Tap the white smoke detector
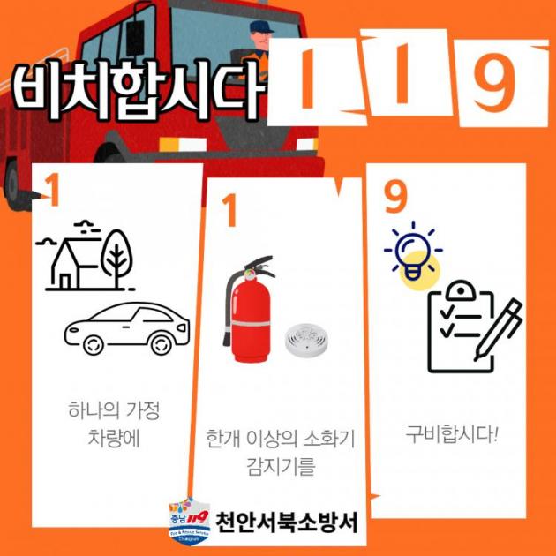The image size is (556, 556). [x=306, y=340]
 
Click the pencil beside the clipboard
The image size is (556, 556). [x=499, y=328]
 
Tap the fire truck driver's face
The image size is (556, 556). [x=260, y=40]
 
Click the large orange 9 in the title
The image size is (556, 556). [x=495, y=81]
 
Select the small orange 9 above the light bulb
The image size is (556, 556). [x=395, y=196]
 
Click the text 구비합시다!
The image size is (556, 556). [x=452, y=433]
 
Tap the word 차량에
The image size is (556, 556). [x=114, y=438]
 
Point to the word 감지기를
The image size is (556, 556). [x=281, y=466]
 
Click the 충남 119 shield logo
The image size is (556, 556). [x=190, y=521]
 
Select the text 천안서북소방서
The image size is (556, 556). [x=287, y=522]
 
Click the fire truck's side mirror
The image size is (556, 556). [x=135, y=38]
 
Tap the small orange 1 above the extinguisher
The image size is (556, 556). [x=229, y=210]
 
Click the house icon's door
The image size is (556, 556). [x=65, y=281]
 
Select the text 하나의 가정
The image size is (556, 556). [x=114, y=409]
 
